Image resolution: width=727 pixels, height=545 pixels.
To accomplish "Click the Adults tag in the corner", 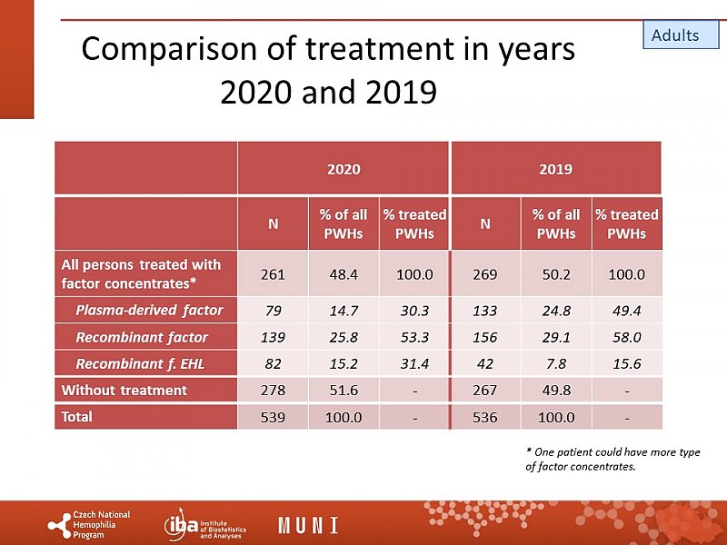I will pyautogui.click(x=675, y=35).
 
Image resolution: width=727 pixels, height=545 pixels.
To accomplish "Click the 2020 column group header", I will pyautogui.click(x=344, y=169).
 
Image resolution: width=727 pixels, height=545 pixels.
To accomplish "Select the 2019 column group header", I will pyautogui.click(x=555, y=169).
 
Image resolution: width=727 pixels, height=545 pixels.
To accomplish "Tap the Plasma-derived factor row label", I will pyautogui.click(x=149, y=311).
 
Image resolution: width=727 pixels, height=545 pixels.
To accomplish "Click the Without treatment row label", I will pyautogui.click(x=124, y=391).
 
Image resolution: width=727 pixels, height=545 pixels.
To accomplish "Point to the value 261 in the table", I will pyautogui.click(x=273, y=273).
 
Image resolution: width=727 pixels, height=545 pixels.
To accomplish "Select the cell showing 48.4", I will pyautogui.click(x=344, y=273).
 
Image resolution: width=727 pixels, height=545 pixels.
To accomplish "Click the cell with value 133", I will pyautogui.click(x=485, y=311).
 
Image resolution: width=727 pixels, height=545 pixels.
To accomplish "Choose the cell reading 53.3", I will pyautogui.click(x=414, y=338).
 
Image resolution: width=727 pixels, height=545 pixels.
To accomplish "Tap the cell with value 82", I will pyautogui.click(x=273, y=364).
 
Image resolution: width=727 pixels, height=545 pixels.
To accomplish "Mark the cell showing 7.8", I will pyautogui.click(x=555, y=364).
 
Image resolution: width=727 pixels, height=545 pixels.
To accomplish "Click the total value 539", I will pyautogui.click(x=273, y=418).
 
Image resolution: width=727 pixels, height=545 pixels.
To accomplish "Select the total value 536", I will pyautogui.click(x=485, y=418).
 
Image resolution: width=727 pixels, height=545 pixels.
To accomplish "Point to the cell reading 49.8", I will pyautogui.click(x=555, y=391).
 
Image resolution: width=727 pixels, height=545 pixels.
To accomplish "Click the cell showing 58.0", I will pyautogui.click(x=626, y=338).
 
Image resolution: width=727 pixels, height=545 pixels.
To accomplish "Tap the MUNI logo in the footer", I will pyautogui.click(x=308, y=525).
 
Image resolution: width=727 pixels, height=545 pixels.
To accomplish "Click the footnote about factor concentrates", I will pyautogui.click(x=612, y=459).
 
